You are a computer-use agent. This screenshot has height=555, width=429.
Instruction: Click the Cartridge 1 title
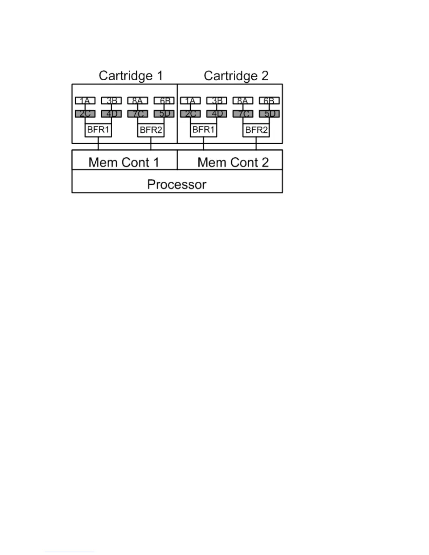pos(130,76)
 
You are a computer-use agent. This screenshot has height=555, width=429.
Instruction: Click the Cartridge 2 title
pos(236,76)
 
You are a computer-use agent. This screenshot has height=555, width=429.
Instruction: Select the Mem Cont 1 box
pos(124,162)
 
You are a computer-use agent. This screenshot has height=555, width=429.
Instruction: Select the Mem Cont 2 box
pos(233,162)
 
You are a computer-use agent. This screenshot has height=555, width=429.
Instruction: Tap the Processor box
pos(177,184)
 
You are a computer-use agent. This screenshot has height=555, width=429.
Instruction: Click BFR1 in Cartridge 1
pos(98,130)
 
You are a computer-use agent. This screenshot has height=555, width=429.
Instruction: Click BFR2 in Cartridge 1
pos(151,130)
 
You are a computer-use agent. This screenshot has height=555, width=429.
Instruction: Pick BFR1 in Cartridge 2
pos(203,130)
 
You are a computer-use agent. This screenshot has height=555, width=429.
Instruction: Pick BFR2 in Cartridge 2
pos(256,130)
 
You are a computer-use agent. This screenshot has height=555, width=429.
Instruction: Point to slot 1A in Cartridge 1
pos(85,101)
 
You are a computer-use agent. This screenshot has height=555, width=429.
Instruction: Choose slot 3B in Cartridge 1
pos(111,101)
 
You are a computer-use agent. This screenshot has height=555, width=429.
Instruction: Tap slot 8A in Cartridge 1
pos(138,101)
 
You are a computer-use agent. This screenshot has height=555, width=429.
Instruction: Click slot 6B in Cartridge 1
pos(164,101)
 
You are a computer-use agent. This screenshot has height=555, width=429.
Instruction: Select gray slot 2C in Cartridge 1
pos(85,114)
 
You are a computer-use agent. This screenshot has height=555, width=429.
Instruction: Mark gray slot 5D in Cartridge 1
pos(164,114)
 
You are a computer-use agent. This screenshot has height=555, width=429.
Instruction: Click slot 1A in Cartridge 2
pos(190,101)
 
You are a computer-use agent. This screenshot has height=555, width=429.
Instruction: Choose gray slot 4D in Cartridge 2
pos(217,114)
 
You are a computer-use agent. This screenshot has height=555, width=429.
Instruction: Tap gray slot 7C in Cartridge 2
pos(243,114)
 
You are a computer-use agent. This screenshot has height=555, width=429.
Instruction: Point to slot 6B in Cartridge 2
pos(269,101)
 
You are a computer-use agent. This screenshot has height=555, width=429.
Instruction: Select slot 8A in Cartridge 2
pos(243,101)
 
